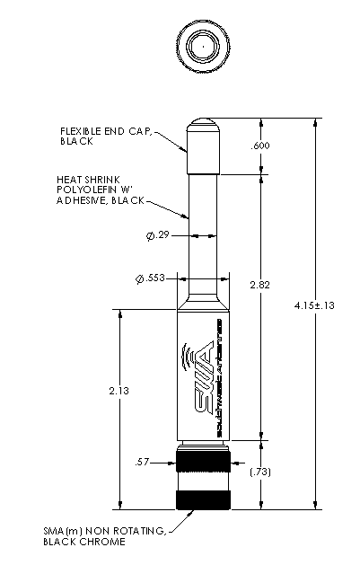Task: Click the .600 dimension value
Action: [x=260, y=146]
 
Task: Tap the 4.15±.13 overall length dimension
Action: [x=315, y=305]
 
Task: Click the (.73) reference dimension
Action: [x=260, y=472]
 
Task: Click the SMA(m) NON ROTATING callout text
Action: [x=104, y=532]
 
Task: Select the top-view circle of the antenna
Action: [x=203, y=47]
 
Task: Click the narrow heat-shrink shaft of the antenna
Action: [x=203, y=225]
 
